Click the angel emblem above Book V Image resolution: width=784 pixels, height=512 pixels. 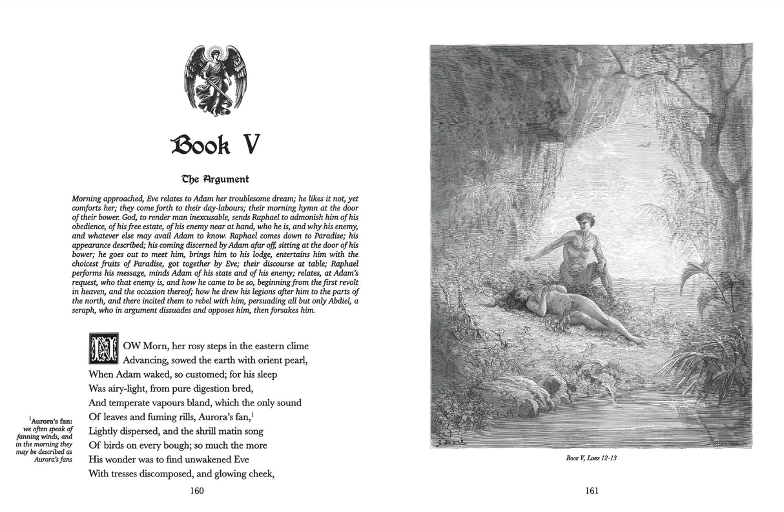pyautogui.click(x=215, y=81)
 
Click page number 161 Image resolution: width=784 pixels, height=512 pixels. pyautogui.click(x=592, y=490)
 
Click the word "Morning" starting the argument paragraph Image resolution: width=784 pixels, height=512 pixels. pyautogui.click(x=90, y=199)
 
